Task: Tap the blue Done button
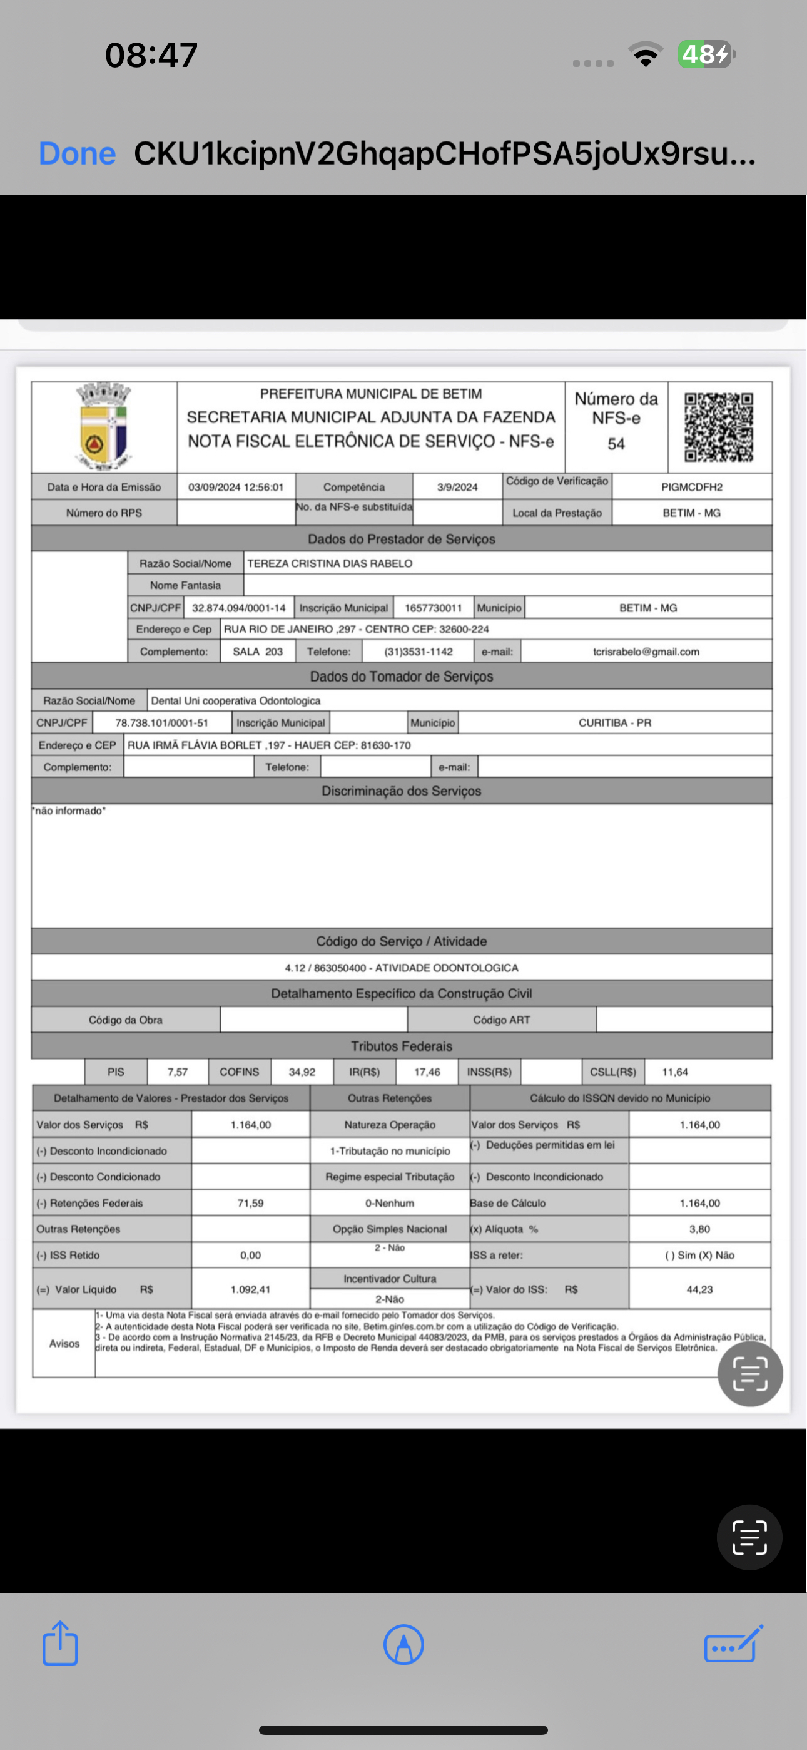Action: pos(77,153)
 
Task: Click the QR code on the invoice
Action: pos(719,427)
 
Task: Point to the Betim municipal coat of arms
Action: pos(103,426)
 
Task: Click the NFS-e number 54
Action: pos(616,444)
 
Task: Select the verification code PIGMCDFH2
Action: pos(691,487)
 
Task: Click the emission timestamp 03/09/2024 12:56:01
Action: pos(236,487)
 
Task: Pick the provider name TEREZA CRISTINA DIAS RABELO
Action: pos(330,563)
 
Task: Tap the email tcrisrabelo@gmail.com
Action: pos(646,652)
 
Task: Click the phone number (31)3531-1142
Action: pos(418,652)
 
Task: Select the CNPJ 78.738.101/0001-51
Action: pos(161,723)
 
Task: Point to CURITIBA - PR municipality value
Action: pos(614,723)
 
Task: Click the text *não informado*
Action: pos(69,811)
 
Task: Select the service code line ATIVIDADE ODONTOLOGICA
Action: pos(401,968)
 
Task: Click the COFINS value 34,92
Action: pos(302,1072)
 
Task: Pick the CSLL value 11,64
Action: pos(674,1072)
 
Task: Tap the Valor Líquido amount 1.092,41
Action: pos(250,1289)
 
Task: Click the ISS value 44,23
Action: pos(699,1289)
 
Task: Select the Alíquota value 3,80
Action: pos(699,1229)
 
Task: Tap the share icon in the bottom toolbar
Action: pos(61,1644)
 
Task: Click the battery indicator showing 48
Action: pos(706,54)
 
